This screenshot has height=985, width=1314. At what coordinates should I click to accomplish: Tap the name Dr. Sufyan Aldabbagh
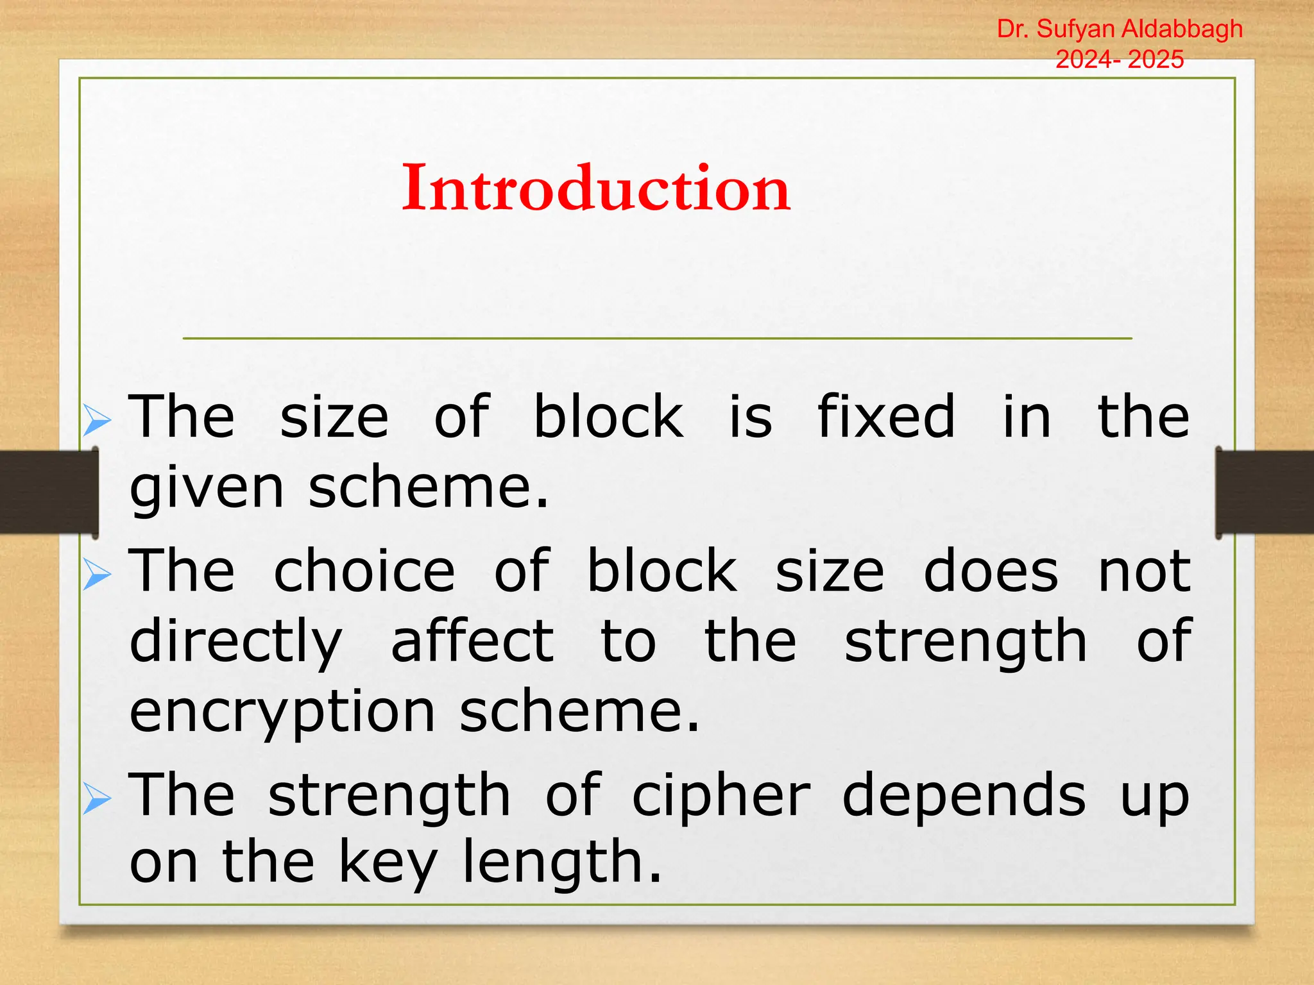[1120, 29]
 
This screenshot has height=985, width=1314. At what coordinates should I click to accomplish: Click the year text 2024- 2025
[1120, 59]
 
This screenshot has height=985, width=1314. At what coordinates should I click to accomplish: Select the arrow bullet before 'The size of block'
[97, 421]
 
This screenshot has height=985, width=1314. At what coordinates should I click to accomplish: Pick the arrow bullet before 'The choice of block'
[97, 575]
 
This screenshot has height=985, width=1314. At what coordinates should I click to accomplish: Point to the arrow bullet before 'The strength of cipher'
[97, 799]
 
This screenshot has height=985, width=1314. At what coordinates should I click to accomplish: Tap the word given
[206, 489]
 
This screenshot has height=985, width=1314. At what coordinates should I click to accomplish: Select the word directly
[235, 643]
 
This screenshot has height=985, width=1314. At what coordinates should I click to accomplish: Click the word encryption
[282, 713]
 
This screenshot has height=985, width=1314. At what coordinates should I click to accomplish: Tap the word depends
[964, 796]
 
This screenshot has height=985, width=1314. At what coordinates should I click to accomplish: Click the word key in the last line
[388, 863]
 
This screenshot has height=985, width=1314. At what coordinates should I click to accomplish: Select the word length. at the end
[562, 863]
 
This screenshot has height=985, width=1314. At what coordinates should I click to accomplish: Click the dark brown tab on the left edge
[48, 492]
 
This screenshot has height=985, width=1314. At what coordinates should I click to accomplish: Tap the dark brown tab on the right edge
[1264, 492]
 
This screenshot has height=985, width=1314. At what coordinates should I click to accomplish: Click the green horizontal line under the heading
[657, 338]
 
